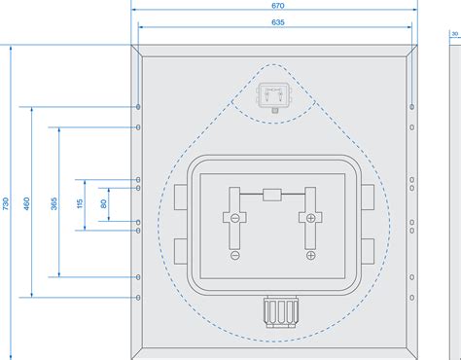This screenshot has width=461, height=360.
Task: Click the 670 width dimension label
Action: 277,5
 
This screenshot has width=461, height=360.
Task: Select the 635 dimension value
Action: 277,21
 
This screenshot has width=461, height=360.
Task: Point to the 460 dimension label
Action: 26,203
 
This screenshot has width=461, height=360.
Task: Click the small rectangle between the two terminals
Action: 272,196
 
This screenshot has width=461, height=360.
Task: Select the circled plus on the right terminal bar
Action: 310,218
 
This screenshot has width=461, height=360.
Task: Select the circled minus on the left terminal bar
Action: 234,218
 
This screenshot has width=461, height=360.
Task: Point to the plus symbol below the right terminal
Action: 310,255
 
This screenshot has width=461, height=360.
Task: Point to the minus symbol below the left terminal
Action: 234,255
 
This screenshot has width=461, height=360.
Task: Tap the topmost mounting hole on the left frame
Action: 139,105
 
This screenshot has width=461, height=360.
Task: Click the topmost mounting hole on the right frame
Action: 412,105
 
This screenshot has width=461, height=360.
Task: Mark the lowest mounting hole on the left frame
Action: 139,296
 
